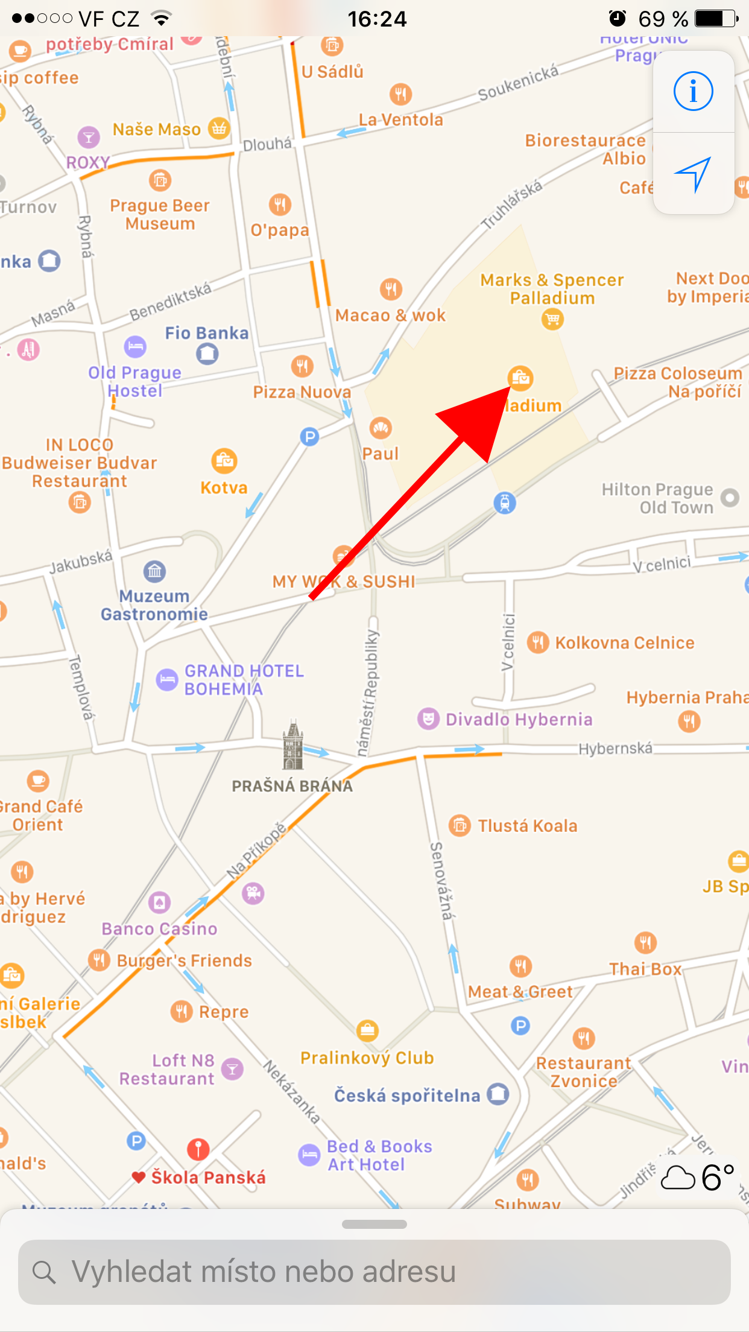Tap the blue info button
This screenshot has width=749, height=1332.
693,92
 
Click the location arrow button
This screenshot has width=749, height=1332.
693,174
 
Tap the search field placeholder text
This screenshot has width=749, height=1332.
264,1272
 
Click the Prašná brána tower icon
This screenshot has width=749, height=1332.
293,746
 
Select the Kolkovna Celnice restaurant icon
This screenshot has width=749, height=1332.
537,642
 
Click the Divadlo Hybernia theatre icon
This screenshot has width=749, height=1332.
428,719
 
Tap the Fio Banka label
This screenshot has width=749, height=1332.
206,333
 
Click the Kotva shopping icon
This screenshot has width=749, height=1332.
224,461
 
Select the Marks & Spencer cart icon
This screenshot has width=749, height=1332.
552,319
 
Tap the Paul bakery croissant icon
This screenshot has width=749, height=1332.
380,428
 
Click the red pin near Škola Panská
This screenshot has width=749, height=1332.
198,1149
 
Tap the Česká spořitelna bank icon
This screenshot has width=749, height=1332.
498,1094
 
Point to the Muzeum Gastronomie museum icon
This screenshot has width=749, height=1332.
155,571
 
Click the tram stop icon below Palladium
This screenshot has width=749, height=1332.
505,502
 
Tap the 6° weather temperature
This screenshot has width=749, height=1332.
717,1177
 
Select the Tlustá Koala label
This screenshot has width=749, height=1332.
527,826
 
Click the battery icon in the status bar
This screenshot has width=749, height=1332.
715,19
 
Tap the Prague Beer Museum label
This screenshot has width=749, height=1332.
160,214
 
